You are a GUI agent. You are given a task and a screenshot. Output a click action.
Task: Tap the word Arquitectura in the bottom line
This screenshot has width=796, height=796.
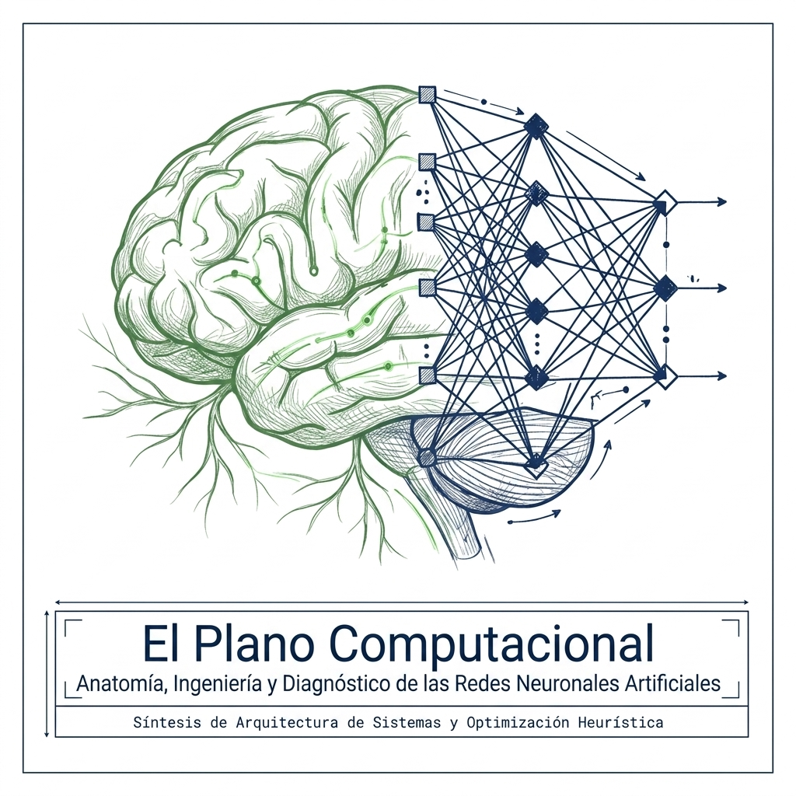(287, 724)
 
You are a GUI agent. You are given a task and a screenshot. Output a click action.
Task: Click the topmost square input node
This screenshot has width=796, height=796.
(428, 95)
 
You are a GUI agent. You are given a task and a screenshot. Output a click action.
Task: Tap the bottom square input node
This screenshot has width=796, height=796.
(428, 375)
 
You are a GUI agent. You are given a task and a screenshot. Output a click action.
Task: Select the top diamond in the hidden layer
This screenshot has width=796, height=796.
(535, 126)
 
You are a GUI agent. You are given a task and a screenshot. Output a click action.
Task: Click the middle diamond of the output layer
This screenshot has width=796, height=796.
(665, 288)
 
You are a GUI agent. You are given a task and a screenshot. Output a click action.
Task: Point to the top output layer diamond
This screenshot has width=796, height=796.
(665, 203)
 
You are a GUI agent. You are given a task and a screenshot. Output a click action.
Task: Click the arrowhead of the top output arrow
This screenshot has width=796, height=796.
(722, 201)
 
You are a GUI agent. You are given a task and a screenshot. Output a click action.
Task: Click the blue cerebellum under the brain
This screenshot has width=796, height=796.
(503, 457)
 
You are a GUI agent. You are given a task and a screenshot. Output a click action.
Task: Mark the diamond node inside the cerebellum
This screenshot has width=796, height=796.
(535, 465)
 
